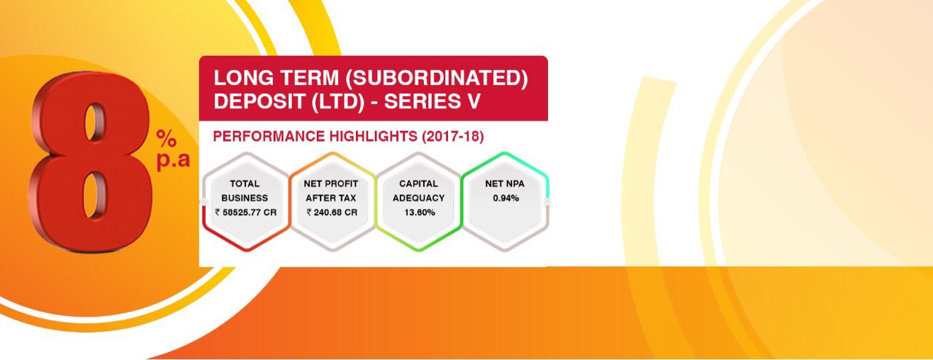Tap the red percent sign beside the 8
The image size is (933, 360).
pyautogui.click(x=167, y=138)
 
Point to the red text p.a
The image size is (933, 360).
pyautogui.click(x=173, y=160)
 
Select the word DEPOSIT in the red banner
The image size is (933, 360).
pyautogui.click(x=260, y=101)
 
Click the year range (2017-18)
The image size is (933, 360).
pyautogui.click(x=453, y=137)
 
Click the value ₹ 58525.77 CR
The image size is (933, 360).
pyautogui.click(x=246, y=213)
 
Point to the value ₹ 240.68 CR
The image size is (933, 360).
pyautogui.click(x=332, y=213)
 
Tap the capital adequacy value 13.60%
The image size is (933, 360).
pyautogui.click(x=420, y=213)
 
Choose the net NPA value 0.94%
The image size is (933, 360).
pyautogui.click(x=505, y=198)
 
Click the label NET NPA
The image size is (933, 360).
pyautogui.click(x=505, y=184)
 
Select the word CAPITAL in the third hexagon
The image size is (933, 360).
pyautogui.click(x=418, y=184)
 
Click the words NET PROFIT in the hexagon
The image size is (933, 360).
pyautogui.click(x=331, y=184)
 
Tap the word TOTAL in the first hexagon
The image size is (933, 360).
pyautogui.click(x=245, y=184)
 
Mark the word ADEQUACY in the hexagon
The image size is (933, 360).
pyautogui.click(x=418, y=198)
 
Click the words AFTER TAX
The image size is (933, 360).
pyautogui.click(x=331, y=198)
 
